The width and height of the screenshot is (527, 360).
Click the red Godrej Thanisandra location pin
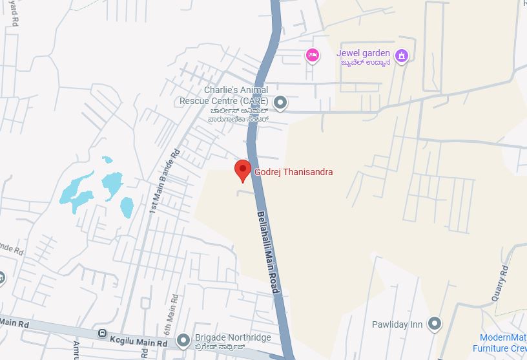click(x=242, y=170)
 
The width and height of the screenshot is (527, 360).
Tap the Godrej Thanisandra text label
click(x=294, y=172)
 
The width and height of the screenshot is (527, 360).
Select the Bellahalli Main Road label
click(x=267, y=252)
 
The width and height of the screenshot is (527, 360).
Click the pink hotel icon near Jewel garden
click(x=313, y=56)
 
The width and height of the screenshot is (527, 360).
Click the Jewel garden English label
click(x=363, y=53)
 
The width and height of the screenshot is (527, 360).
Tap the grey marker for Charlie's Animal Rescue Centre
click(x=280, y=102)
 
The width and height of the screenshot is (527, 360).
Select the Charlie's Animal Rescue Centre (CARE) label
click(x=223, y=96)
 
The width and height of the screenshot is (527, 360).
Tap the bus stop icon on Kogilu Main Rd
click(x=102, y=334)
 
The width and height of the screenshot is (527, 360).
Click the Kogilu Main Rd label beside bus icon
click(x=139, y=339)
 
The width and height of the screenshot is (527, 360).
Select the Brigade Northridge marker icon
click(x=183, y=339)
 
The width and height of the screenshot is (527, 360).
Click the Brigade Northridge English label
click(x=232, y=337)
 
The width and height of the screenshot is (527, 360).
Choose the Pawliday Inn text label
click(x=397, y=324)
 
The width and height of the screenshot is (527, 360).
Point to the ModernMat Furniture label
click(x=504, y=343)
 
